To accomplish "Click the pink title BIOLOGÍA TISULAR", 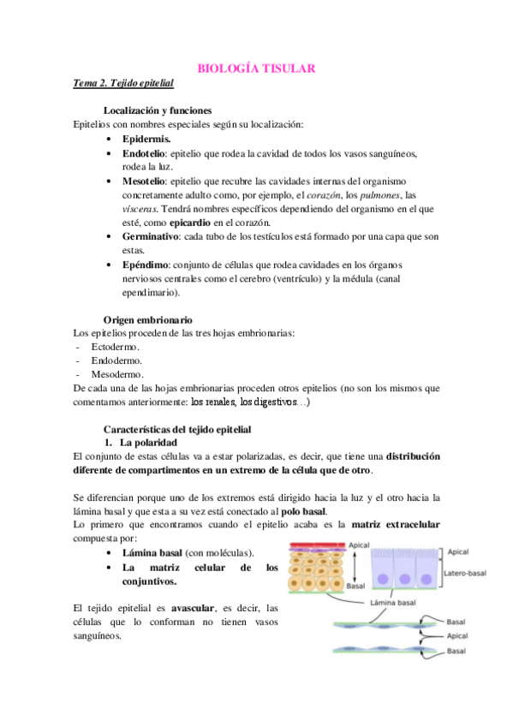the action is (257, 68).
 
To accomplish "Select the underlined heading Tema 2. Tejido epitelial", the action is (123, 84).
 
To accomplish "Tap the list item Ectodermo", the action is (115, 347).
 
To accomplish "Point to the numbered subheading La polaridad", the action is (148, 443).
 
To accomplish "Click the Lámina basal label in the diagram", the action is (393, 603).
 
